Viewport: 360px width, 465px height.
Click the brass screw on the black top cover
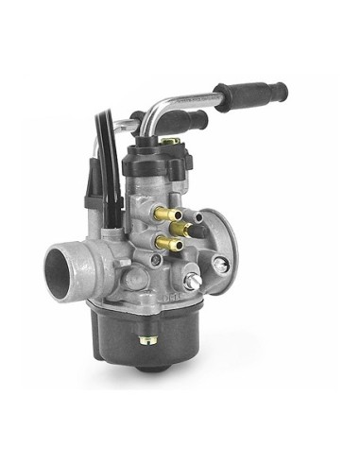coord(169,142)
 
